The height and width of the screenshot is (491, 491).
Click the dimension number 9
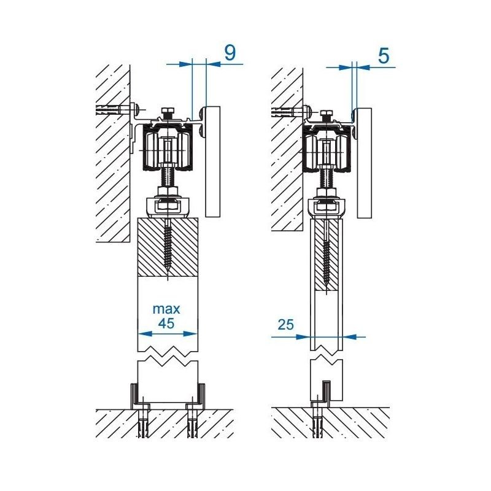click(229, 53)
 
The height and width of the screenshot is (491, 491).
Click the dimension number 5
click(383, 56)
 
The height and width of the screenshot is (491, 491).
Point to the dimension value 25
click(285, 325)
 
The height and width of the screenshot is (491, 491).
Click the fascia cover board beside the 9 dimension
click(212, 161)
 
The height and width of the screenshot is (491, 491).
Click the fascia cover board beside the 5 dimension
click(363, 163)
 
